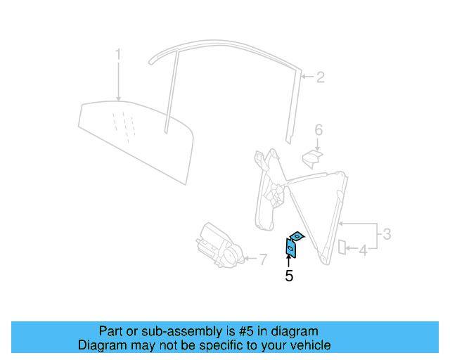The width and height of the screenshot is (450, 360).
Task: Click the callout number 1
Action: (x=119, y=54)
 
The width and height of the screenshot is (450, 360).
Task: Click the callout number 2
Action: (x=320, y=77)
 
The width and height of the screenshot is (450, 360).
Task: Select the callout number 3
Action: (x=386, y=233)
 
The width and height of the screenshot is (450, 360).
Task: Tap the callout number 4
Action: (x=363, y=250)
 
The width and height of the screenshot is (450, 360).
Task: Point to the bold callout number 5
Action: (x=289, y=276)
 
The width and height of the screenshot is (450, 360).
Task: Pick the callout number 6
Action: (x=319, y=130)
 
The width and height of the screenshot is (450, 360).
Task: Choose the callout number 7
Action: (x=263, y=260)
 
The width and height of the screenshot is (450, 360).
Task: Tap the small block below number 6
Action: (x=312, y=157)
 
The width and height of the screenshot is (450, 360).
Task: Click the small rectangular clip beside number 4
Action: (x=342, y=247)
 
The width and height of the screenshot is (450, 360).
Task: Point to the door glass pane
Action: (x=134, y=141)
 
